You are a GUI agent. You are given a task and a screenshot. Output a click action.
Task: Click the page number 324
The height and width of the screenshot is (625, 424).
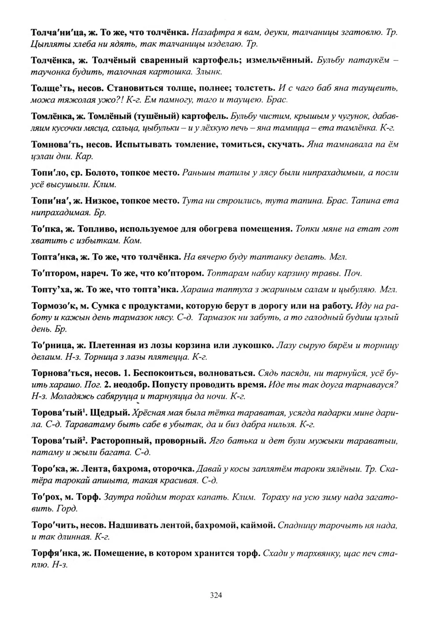point(216,595)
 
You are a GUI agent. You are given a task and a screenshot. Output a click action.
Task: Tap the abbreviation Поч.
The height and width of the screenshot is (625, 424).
point(353,273)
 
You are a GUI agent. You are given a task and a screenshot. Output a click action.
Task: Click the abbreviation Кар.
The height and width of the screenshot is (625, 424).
point(84,156)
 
